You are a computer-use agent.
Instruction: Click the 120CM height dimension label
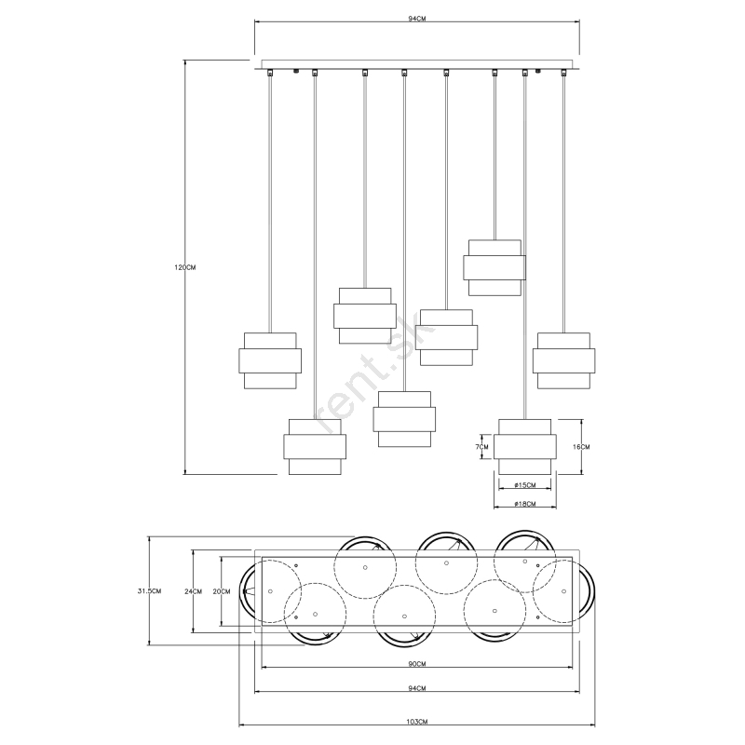point(184,267)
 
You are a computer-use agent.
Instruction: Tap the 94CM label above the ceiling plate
point(416,19)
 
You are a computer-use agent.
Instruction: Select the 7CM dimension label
point(481,447)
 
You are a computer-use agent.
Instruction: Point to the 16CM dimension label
point(581,447)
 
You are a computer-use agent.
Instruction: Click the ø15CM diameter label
point(525,485)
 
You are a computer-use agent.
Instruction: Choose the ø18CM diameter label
point(525,504)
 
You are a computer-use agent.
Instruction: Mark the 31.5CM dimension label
point(149,591)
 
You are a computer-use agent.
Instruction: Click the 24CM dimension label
point(193,591)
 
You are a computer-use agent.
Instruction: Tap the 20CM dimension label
point(222,591)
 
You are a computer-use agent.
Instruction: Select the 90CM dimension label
point(416,664)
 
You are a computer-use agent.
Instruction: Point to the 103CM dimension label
point(416,722)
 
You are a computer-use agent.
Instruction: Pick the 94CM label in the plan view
point(416,688)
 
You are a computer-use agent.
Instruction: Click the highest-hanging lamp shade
point(494,267)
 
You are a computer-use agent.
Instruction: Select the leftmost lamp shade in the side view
point(270,360)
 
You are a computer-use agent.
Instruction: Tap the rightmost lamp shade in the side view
point(564,360)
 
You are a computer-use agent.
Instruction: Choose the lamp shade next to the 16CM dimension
point(525,447)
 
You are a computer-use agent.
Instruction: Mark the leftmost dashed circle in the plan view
point(270,591)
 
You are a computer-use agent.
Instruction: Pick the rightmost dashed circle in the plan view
point(564,591)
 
